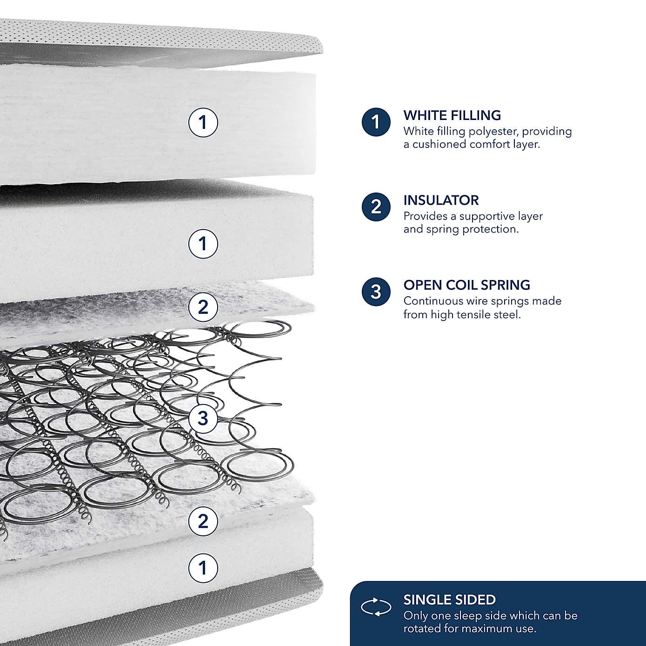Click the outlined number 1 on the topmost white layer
pyautogui.click(x=203, y=122)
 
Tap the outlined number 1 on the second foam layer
pyautogui.click(x=203, y=243)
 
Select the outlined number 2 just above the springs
pyautogui.click(x=203, y=307)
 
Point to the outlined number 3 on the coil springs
pyautogui.click(x=203, y=418)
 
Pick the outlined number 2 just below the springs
pyautogui.click(x=203, y=521)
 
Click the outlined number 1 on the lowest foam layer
pyautogui.click(x=203, y=568)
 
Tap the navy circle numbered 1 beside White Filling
pyautogui.click(x=376, y=122)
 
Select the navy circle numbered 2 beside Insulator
pyautogui.click(x=376, y=207)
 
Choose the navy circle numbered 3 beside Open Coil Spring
pyautogui.click(x=376, y=292)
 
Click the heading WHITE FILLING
pyautogui.click(x=452, y=115)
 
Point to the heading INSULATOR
pyautogui.click(x=441, y=200)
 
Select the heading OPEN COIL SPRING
pyautogui.click(x=466, y=285)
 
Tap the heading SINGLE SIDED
pyautogui.click(x=449, y=600)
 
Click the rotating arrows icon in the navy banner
pyautogui.click(x=376, y=607)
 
